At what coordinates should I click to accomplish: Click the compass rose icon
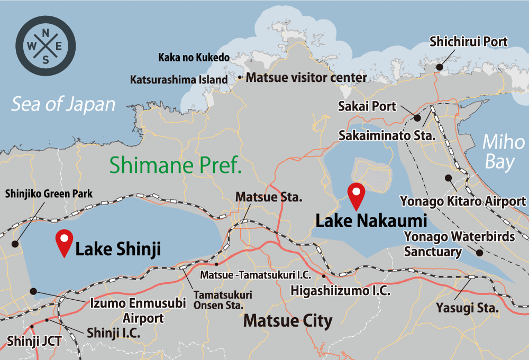(x=45, y=46)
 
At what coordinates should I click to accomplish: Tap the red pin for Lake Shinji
(x=64, y=243)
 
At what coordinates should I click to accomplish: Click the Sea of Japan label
(x=63, y=104)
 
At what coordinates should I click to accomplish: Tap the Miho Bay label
(x=499, y=152)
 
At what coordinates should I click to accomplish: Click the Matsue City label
(x=288, y=320)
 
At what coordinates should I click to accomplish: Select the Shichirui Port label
(x=469, y=42)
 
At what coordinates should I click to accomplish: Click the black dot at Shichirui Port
(x=439, y=67)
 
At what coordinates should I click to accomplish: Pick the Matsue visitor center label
(x=307, y=78)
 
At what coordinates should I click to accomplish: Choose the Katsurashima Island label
(x=179, y=80)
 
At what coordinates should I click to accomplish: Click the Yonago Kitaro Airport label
(x=463, y=201)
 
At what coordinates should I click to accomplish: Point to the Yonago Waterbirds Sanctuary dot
(x=480, y=253)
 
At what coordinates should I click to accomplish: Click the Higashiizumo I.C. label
(x=341, y=290)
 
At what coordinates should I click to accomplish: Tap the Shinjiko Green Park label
(x=49, y=194)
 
